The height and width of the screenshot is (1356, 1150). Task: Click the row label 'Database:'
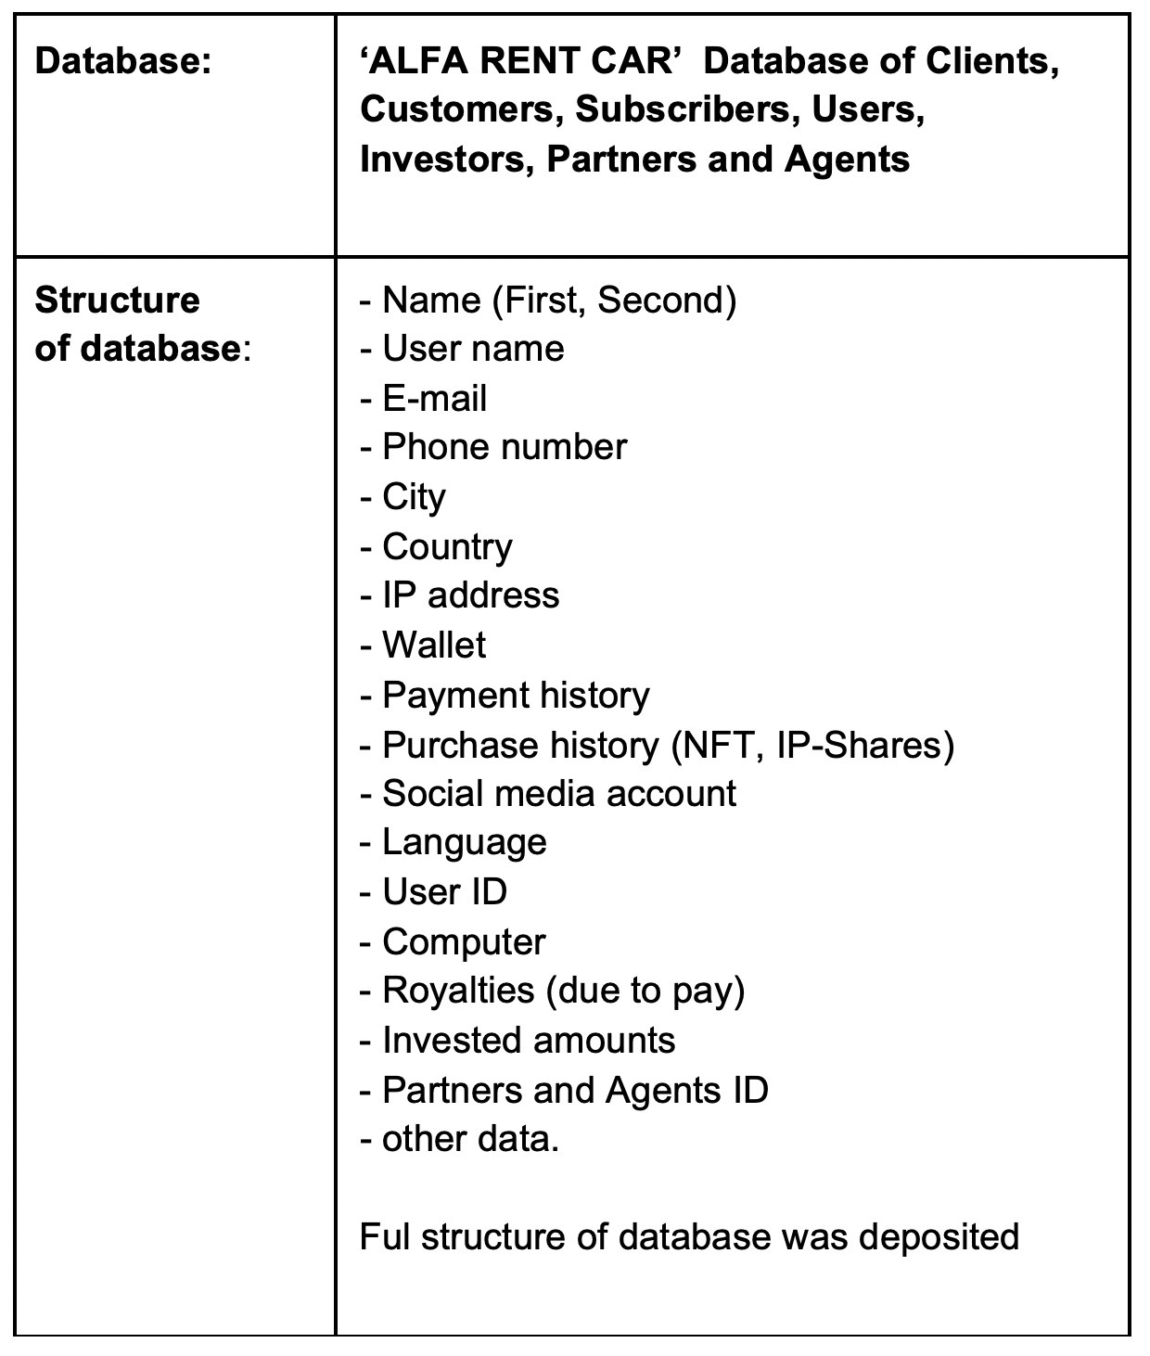[x=122, y=62]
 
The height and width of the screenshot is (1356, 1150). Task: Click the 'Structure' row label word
[x=117, y=301]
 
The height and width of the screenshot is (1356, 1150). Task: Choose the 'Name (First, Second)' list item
[x=558, y=301]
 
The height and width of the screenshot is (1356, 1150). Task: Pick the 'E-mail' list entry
[x=434, y=399]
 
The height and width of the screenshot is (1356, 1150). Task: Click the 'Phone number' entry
[x=504, y=448]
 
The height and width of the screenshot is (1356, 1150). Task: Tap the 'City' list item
[x=414, y=497]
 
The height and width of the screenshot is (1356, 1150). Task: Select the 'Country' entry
[x=447, y=547]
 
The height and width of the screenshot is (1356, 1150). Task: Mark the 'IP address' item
[x=470, y=595]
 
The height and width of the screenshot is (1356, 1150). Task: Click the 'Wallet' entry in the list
[x=433, y=646]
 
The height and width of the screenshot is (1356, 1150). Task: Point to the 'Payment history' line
[x=516, y=696]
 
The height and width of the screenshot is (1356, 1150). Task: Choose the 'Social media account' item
[x=558, y=794]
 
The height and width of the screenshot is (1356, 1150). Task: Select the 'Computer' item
[x=464, y=942]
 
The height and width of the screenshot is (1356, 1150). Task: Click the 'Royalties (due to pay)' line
[x=563, y=991]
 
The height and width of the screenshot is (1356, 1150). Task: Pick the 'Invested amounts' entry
[x=529, y=1041]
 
